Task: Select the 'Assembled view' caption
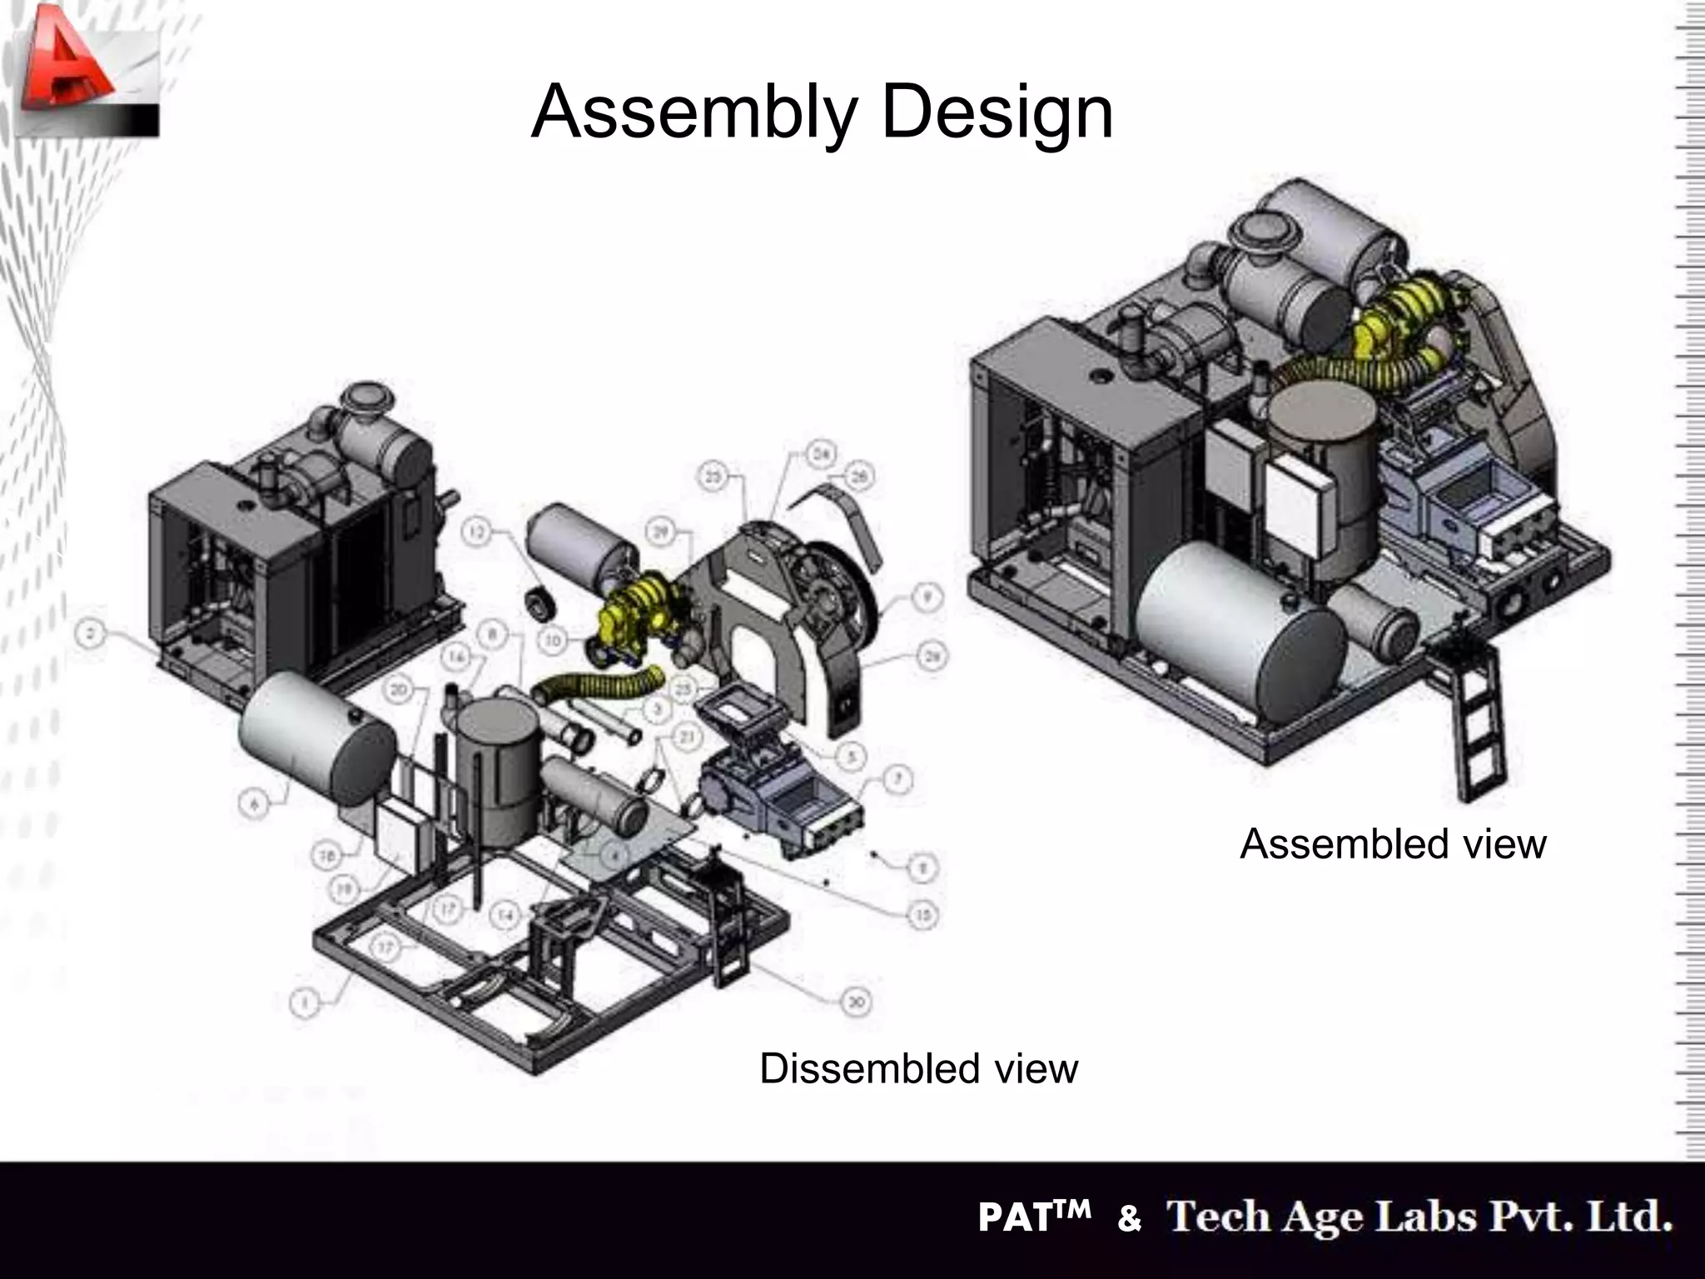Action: point(1393,844)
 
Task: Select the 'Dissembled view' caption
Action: point(918,1068)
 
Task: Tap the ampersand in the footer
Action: point(1129,1219)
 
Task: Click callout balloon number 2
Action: point(91,635)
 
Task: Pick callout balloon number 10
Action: point(554,640)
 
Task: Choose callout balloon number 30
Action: point(855,1003)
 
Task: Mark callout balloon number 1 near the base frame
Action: point(306,1004)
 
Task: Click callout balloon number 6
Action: point(255,804)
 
